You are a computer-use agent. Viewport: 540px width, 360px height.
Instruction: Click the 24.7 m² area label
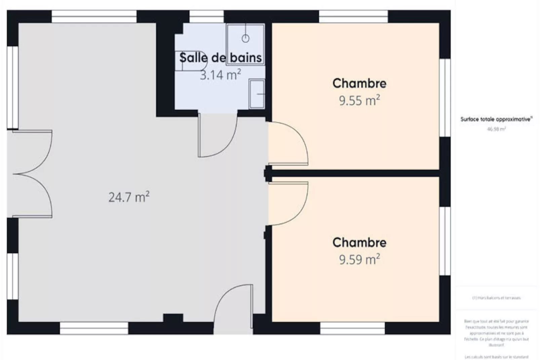(x=129, y=197)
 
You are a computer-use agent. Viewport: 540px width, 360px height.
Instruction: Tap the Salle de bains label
(x=221, y=58)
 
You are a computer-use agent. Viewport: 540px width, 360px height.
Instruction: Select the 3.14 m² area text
(x=221, y=75)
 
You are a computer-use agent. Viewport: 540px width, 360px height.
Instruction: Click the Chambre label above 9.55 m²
(x=359, y=83)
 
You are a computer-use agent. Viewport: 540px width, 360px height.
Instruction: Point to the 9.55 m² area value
(x=359, y=100)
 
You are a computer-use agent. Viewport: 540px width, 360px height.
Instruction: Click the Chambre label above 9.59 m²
(x=359, y=242)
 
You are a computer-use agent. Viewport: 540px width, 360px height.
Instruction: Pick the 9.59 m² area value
(x=359, y=259)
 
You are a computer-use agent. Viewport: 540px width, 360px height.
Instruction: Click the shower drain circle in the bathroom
(x=245, y=38)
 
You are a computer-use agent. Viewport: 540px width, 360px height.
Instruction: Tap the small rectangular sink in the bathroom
(x=257, y=94)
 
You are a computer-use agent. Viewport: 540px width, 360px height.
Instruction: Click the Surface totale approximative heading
(x=496, y=119)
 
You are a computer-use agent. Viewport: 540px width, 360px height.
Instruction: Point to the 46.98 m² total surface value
(x=496, y=129)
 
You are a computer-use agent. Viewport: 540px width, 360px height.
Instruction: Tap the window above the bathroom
(x=206, y=16)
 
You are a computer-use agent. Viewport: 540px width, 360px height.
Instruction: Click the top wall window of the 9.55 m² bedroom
(x=353, y=16)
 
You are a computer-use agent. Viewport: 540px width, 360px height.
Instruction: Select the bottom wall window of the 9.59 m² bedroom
(x=352, y=328)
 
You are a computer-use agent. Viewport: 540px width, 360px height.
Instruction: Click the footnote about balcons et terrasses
(x=496, y=298)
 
